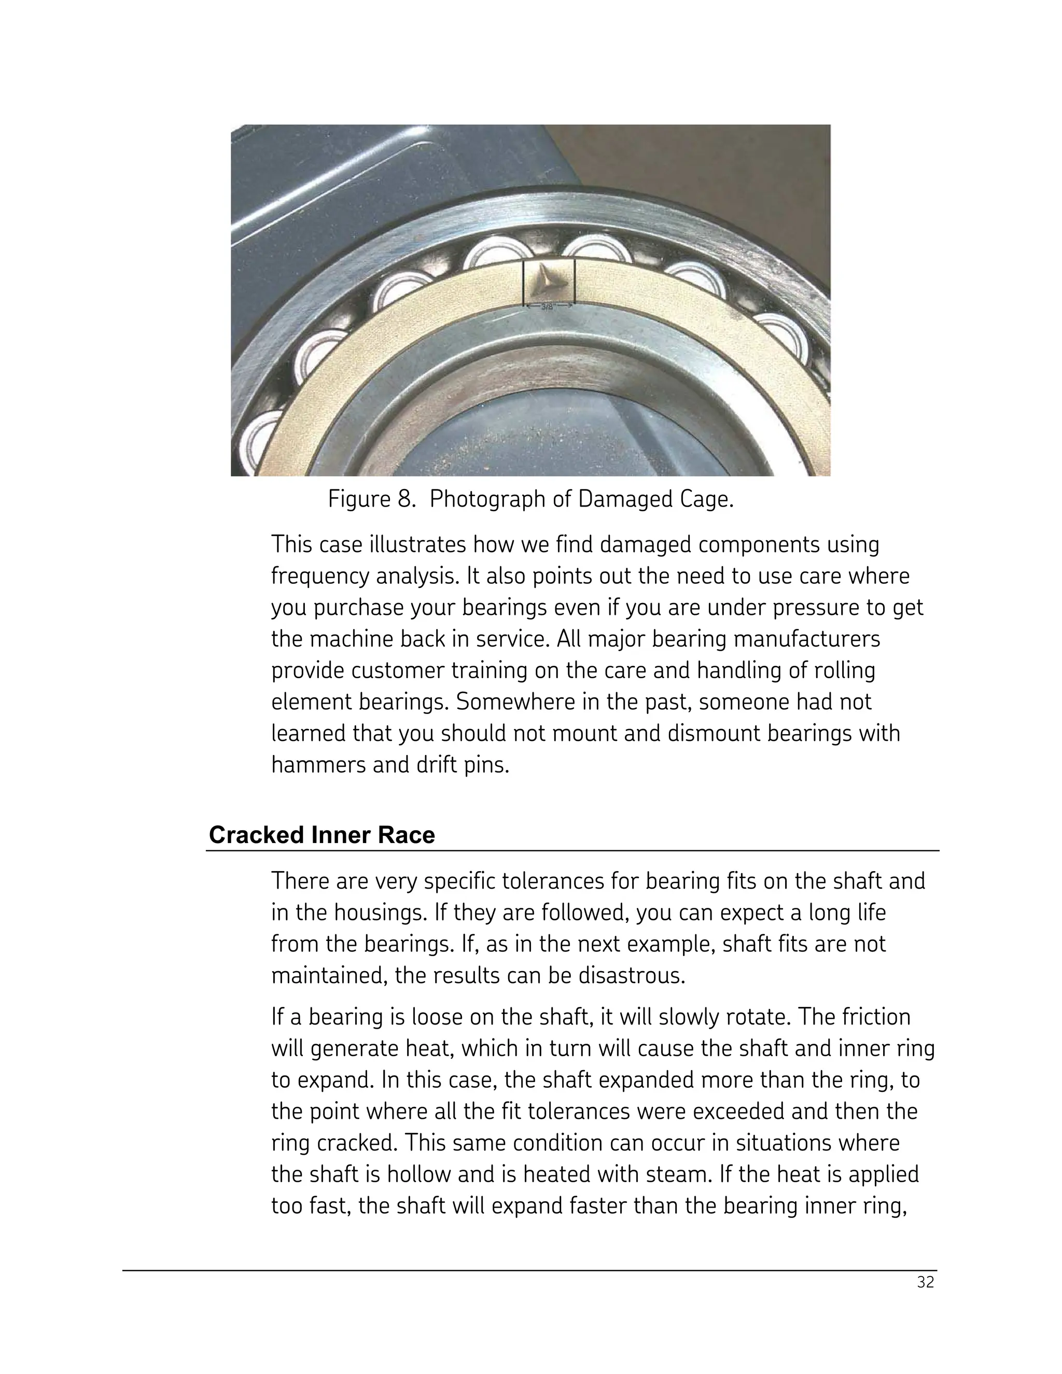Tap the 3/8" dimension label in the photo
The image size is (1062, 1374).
pos(549,307)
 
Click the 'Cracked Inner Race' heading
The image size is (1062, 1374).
pos(322,835)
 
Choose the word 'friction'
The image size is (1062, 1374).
pos(876,1017)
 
